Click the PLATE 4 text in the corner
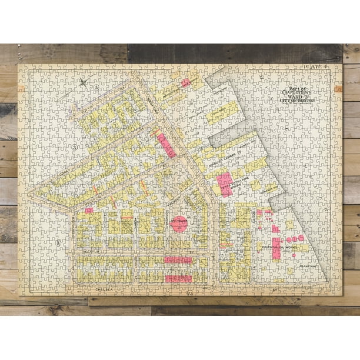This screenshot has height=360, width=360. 315,69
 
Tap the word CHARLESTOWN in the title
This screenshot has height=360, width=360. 299,92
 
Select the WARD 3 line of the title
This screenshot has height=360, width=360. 299,97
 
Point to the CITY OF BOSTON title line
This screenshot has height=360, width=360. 299,102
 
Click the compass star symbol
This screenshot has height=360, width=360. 84,83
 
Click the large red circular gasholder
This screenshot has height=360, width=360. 179,224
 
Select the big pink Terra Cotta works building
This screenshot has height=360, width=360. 225,184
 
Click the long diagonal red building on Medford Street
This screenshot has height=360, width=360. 166,145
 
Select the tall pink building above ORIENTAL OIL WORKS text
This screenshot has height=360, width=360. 276,248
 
